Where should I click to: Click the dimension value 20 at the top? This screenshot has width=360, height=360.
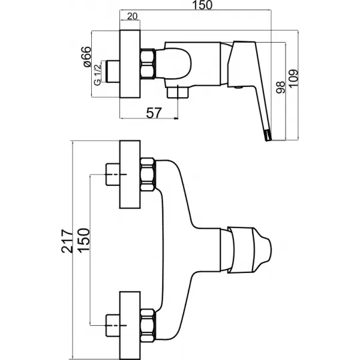(x=133, y=16)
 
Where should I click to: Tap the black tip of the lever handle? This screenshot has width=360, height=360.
(x=266, y=137)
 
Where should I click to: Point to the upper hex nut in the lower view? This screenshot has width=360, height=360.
(x=148, y=175)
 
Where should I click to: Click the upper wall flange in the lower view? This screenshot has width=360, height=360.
(x=130, y=175)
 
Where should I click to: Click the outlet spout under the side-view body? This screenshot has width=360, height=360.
(x=176, y=94)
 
